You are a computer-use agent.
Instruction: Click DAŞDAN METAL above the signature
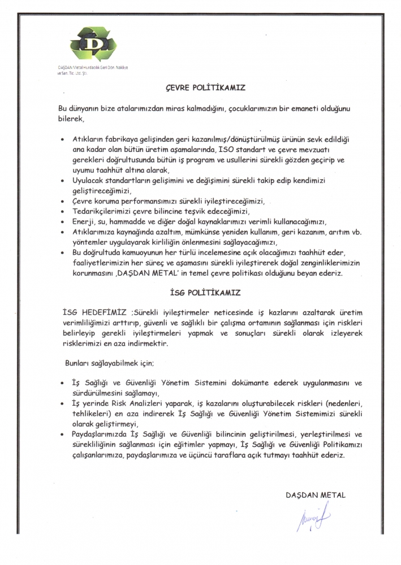click(x=316, y=494)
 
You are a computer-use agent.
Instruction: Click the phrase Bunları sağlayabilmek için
click(x=106, y=362)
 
